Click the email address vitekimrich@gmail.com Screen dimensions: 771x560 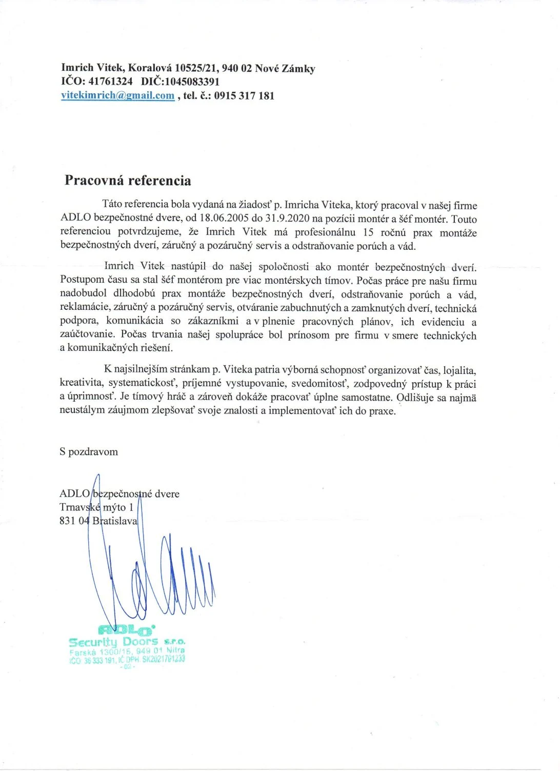click(117, 95)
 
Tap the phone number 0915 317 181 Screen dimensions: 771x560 click(244, 95)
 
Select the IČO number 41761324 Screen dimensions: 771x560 click(110, 82)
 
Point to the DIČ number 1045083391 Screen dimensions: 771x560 click(184, 82)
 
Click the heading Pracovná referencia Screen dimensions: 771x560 click(128, 181)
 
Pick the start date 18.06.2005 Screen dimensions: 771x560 click(224, 219)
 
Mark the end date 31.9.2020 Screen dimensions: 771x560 click(287, 219)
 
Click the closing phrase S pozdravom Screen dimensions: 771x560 click(89, 452)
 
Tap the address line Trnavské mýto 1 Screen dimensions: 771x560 click(96, 507)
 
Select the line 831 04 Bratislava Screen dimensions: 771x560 click(98, 521)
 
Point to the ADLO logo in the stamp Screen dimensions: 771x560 click(126, 629)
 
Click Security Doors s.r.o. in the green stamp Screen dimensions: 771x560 click(126, 642)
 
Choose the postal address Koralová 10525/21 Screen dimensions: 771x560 click(173, 68)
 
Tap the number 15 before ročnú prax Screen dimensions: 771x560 click(368, 232)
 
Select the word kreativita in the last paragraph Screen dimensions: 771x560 click(81, 383)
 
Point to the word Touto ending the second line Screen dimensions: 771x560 click(464, 219)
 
